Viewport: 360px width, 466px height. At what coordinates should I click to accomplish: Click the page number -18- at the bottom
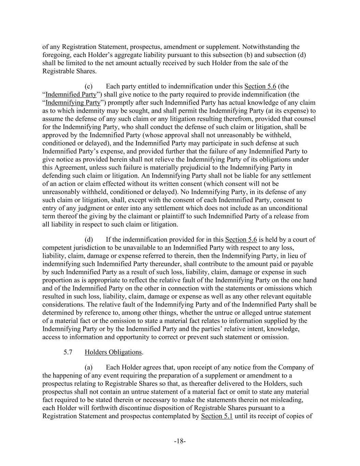tap(180, 441)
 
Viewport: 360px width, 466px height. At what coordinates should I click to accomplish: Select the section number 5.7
tap(68, 352)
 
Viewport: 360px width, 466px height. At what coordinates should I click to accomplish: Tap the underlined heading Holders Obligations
tap(113, 352)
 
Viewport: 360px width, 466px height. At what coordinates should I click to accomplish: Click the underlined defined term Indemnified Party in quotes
tap(71, 95)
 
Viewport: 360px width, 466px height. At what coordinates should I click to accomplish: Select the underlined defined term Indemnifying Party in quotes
tap(73, 103)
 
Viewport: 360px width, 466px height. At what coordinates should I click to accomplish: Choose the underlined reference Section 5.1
tap(217, 416)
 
